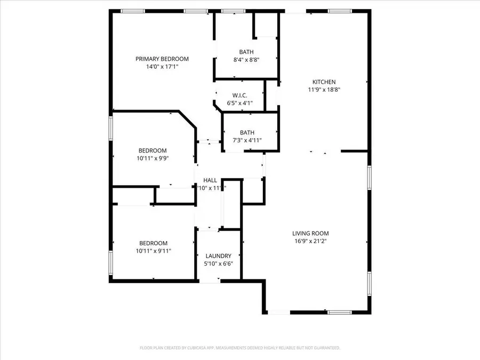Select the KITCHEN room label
click(x=324, y=82)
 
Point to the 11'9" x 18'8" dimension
click(x=324, y=90)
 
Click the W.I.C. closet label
click(x=240, y=96)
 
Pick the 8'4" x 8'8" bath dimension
click(x=246, y=60)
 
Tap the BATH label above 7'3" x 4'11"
click(x=247, y=133)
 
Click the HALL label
click(x=210, y=180)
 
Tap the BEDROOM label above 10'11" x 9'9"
click(x=153, y=150)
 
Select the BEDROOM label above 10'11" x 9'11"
click(x=153, y=243)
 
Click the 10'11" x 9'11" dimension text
click(x=153, y=251)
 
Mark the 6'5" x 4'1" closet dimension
click(x=240, y=103)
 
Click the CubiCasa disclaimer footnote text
click(x=239, y=348)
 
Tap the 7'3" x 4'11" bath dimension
click(x=247, y=141)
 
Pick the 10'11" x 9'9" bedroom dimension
click(x=153, y=158)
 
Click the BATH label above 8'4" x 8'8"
click(x=246, y=52)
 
